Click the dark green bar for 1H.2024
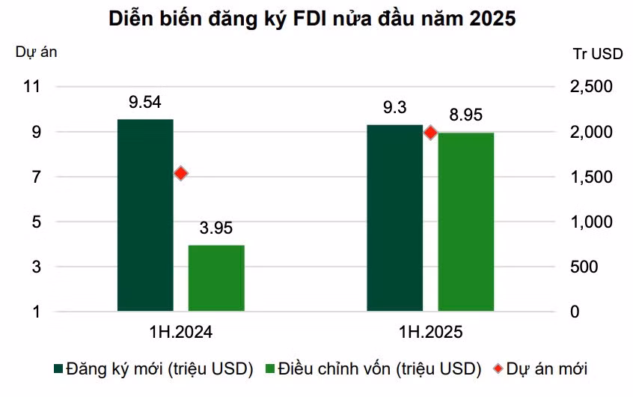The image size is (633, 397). click(145, 215)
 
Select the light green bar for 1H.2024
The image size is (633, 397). click(216, 278)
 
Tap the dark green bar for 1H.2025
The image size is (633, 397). click(395, 218)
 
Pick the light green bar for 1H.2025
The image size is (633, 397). click(466, 222)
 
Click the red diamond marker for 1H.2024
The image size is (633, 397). click(181, 174)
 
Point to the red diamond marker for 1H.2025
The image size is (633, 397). click(431, 132)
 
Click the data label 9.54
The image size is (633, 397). click(145, 102)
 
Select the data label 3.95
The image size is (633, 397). click(216, 228)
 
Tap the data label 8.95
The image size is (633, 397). click(466, 115)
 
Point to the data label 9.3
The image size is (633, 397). click(395, 107)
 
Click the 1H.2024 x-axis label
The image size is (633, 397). click(181, 333)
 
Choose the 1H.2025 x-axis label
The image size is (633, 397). click(431, 333)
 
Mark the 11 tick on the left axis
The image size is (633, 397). click(32, 86)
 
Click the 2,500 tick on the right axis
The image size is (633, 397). click(591, 86)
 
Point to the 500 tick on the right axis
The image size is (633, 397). click(584, 267)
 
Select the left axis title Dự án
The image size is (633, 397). click(37, 52)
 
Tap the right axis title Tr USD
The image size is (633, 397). click(598, 54)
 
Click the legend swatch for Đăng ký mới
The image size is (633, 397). click(58, 369)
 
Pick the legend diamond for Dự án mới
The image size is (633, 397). click(498, 369)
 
